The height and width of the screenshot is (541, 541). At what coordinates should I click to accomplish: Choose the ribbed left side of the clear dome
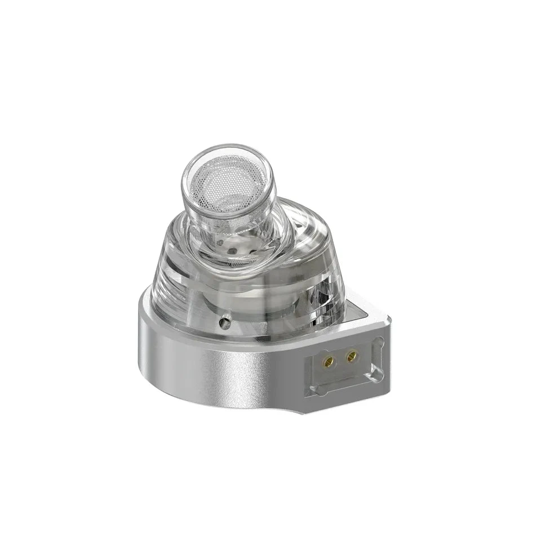(163, 270)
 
